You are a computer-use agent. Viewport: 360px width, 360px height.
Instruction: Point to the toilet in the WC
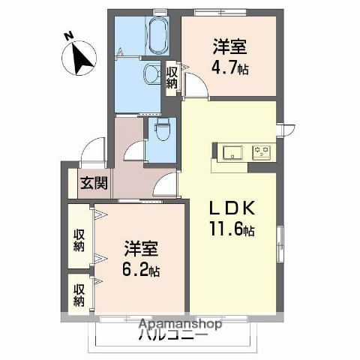160,130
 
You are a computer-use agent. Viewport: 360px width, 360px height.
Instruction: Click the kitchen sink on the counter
230,151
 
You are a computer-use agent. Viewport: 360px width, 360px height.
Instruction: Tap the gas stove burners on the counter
262,151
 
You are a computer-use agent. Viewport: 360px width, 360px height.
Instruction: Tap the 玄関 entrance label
94,182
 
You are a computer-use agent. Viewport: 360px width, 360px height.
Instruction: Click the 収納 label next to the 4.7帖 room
172,77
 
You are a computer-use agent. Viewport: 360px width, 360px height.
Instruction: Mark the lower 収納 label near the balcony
79,295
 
